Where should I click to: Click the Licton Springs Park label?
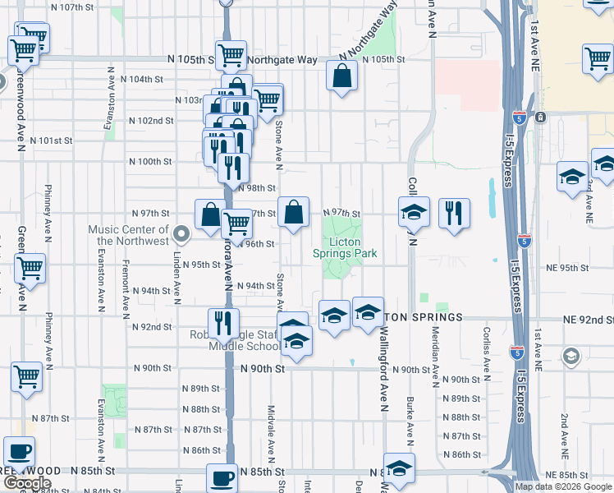point(345,248)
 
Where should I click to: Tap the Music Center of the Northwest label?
point(132,236)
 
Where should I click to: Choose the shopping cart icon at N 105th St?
point(231,56)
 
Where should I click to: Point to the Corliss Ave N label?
point(487,357)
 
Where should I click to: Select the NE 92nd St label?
point(586,319)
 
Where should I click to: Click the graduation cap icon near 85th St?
point(399,469)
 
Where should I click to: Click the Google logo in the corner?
point(27,484)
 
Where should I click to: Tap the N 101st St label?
point(51,141)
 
